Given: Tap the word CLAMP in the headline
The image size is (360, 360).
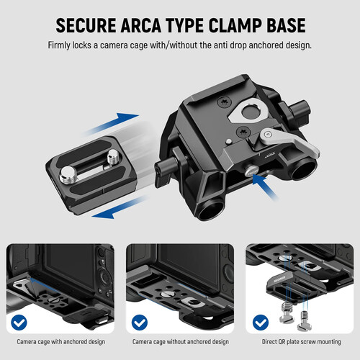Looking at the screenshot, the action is [235, 25].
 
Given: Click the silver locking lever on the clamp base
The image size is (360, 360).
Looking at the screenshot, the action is [289, 140].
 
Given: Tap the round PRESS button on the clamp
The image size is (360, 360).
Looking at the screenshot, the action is [251, 171].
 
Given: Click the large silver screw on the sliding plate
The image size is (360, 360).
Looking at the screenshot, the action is [68, 175].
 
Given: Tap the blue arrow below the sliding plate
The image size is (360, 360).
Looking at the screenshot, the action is [120, 207].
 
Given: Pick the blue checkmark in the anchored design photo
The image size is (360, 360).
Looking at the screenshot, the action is [19, 322].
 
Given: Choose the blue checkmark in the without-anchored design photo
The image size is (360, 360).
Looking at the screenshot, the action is [140, 322].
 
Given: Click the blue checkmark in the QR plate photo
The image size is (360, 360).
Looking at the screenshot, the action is [261, 322].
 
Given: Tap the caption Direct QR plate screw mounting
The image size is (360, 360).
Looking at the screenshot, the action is [301, 341].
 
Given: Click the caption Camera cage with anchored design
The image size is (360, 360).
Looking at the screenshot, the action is [61, 341].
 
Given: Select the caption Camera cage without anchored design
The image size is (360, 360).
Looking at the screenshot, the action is [181, 341].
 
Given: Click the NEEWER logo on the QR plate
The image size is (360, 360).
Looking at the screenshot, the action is [279, 279].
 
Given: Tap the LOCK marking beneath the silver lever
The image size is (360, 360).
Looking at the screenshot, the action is [269, 155].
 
